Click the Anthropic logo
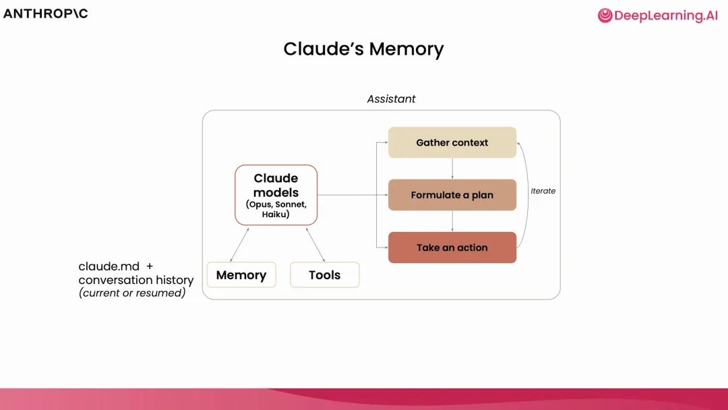(46, 13)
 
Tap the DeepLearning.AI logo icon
(605, 16)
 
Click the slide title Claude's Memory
(363, 49)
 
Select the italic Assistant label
(391, 99)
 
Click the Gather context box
(452, 142)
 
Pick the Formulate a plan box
(452, 195)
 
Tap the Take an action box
(452, 247)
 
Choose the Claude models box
(276, 194)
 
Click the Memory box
(241, 275)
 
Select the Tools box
(324, 275)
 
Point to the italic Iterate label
(543, 191)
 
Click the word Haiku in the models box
(276, 214)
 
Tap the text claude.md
(109, 266)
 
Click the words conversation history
(136, 280)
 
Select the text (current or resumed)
(132, 293)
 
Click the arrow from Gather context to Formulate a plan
(452, 169)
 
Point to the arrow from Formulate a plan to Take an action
(452, 221)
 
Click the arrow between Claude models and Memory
(239, 244)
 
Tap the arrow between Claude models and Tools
(315, 244)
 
